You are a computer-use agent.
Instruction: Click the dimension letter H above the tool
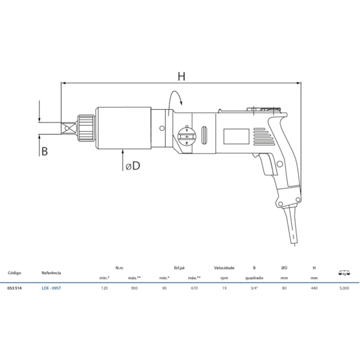[x=181, y=76]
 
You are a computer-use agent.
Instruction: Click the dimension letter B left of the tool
[x=44, y=152]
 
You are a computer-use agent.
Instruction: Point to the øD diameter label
[x=133, y=166]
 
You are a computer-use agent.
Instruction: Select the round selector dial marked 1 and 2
[x=187, y=137]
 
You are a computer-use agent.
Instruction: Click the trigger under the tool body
[x=266, y=164]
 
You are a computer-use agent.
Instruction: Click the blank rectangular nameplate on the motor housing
[x=236, y=136]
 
